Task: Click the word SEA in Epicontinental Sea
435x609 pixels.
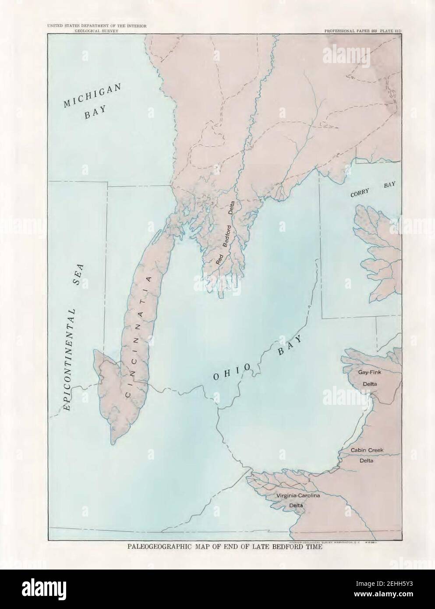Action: click(x=78, y=275)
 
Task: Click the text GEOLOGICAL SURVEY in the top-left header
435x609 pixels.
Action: click(x=96, y=32)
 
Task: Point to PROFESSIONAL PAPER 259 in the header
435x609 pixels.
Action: click(x=350, y=32)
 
